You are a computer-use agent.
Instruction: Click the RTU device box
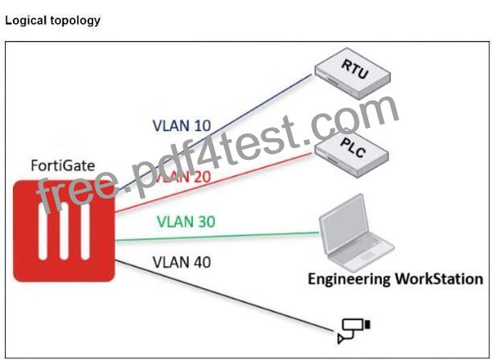pos(353,73)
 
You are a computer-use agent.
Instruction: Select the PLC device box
pos(352,153)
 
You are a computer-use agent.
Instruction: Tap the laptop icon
pos(356,233)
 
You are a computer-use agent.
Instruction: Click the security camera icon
pos(354,330)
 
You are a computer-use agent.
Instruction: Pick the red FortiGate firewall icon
pos(64,231)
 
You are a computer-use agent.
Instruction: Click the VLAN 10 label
pos(182,125)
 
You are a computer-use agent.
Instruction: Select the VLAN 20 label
pos(183,177)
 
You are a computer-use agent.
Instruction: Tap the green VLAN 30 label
pos(186,222)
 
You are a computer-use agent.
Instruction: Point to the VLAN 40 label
pos(182,262)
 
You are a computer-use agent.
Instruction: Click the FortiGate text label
pos(63,166)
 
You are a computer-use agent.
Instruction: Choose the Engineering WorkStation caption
pos(396,279)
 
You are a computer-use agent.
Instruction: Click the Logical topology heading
pos(53,20)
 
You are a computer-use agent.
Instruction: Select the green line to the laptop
pos(217,236)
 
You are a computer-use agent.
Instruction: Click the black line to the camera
pos(225,296)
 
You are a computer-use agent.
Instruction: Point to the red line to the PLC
pos(214,183)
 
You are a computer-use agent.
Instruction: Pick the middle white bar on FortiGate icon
pos(64,231)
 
